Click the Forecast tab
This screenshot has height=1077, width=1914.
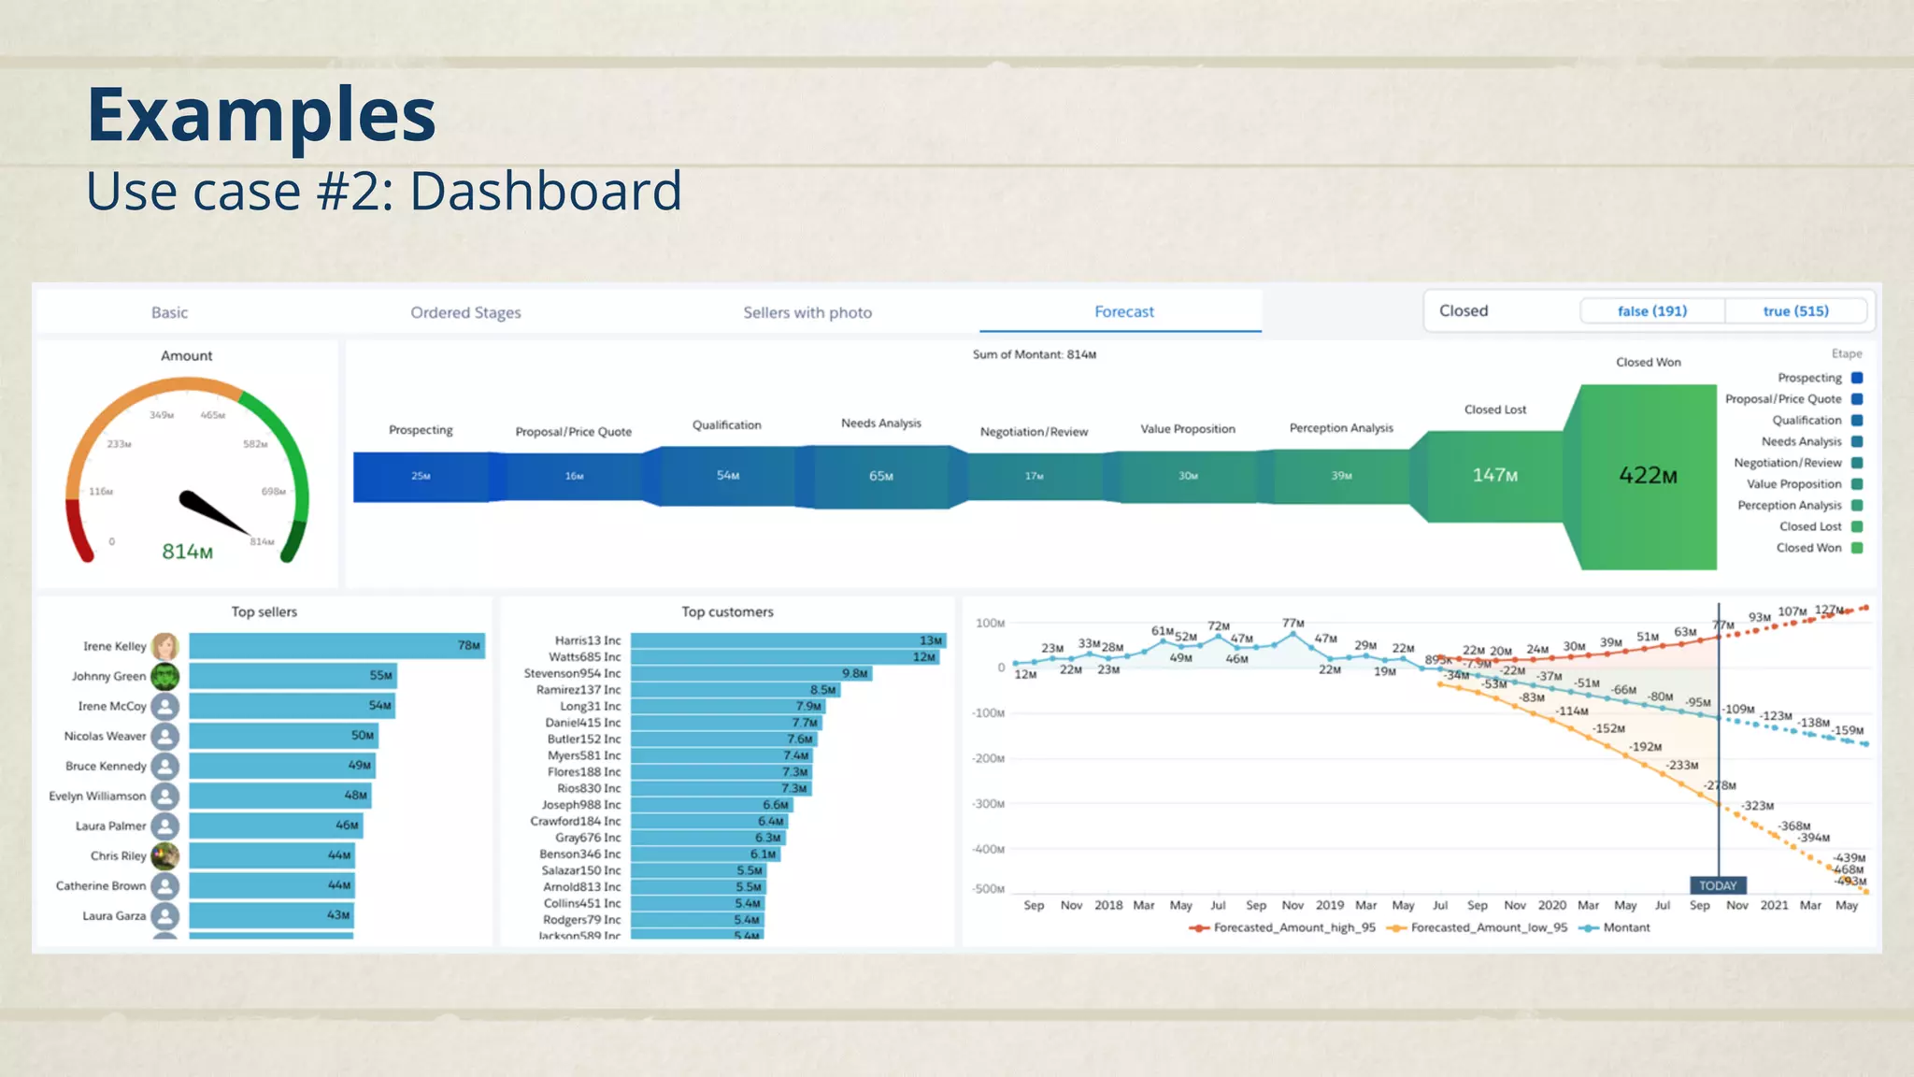pyautogui.click(x=1123, y=312)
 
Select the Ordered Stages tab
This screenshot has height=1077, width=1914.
pyautogui.click(x=465, y=313)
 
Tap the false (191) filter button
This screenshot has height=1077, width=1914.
pyautogui.click(x=1651, y=311)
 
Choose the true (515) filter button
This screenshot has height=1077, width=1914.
pyautogui.click(x=1795, y=311)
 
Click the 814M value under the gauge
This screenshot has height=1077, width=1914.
pyautogui.click(x=187, y=552)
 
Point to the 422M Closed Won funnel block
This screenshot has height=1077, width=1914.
pyautogui.click(x=1648, y=476)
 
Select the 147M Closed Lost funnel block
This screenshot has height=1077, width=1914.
pyautogui.click(x=1494, y=476)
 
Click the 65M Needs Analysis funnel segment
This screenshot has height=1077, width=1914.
pyautogui.click(x=880, y=477)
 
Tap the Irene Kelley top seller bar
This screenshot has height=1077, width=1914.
pyautogui.click(x=336, y=646)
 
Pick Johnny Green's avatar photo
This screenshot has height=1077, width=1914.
pyautogui.click(x=165, y=676)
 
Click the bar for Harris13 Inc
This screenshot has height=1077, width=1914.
pyautogui.click(x=788, y=640)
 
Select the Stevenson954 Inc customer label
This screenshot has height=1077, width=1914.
pyautogui.click(x=572, y=673)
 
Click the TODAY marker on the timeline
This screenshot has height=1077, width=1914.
pyautogui.click(x=1718, y=885)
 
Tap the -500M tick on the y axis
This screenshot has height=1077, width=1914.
pyautogui.click(x=988, y=889)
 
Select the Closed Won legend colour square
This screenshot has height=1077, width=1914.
pyautogui.click(x=1857, y=548)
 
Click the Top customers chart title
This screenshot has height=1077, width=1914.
pyautogui.click(x=727, y=612)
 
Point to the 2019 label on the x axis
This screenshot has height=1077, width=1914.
pyautogui.click(x=1329, y=905)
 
